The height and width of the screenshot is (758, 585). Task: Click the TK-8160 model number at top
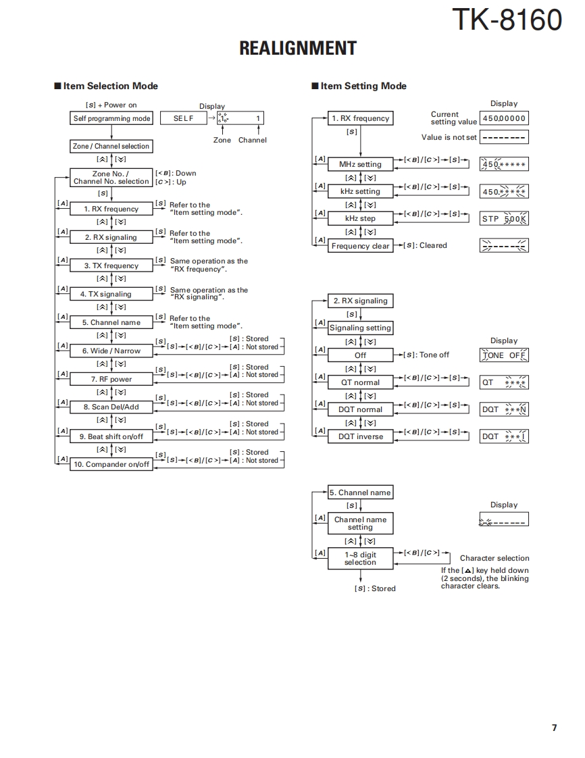tap(506, 20)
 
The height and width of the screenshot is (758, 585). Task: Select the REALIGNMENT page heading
tap(298, 49)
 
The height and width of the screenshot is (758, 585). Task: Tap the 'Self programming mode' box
tap(111, 118)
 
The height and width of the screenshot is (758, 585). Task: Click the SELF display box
tap(182, 118)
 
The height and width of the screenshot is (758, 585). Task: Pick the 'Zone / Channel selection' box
tap(111, 146)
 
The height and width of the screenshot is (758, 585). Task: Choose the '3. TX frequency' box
tap(111, 266)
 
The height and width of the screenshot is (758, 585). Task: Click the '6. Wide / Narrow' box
tap(111, 351)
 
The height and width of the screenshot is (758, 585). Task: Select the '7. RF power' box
tap(111, 379)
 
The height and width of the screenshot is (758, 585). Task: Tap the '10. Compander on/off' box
tap(111, 464)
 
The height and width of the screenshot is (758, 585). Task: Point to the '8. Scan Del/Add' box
tap(111, 407)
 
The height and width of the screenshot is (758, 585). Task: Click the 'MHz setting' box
tap(360, 164)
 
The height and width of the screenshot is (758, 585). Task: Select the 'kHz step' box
tap(360, 218)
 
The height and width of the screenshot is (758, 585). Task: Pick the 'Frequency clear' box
tap(360, 246)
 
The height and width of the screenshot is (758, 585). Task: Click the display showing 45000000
tap(504, 119)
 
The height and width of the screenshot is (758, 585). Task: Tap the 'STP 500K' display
tap(504, 219)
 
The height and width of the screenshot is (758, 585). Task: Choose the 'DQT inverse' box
tap(360, 436)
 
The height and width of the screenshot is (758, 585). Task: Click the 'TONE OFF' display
tap(504, 355)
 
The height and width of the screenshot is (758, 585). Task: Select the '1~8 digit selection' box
tap(360, 558)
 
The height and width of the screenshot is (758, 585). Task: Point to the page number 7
tap(554, 728)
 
